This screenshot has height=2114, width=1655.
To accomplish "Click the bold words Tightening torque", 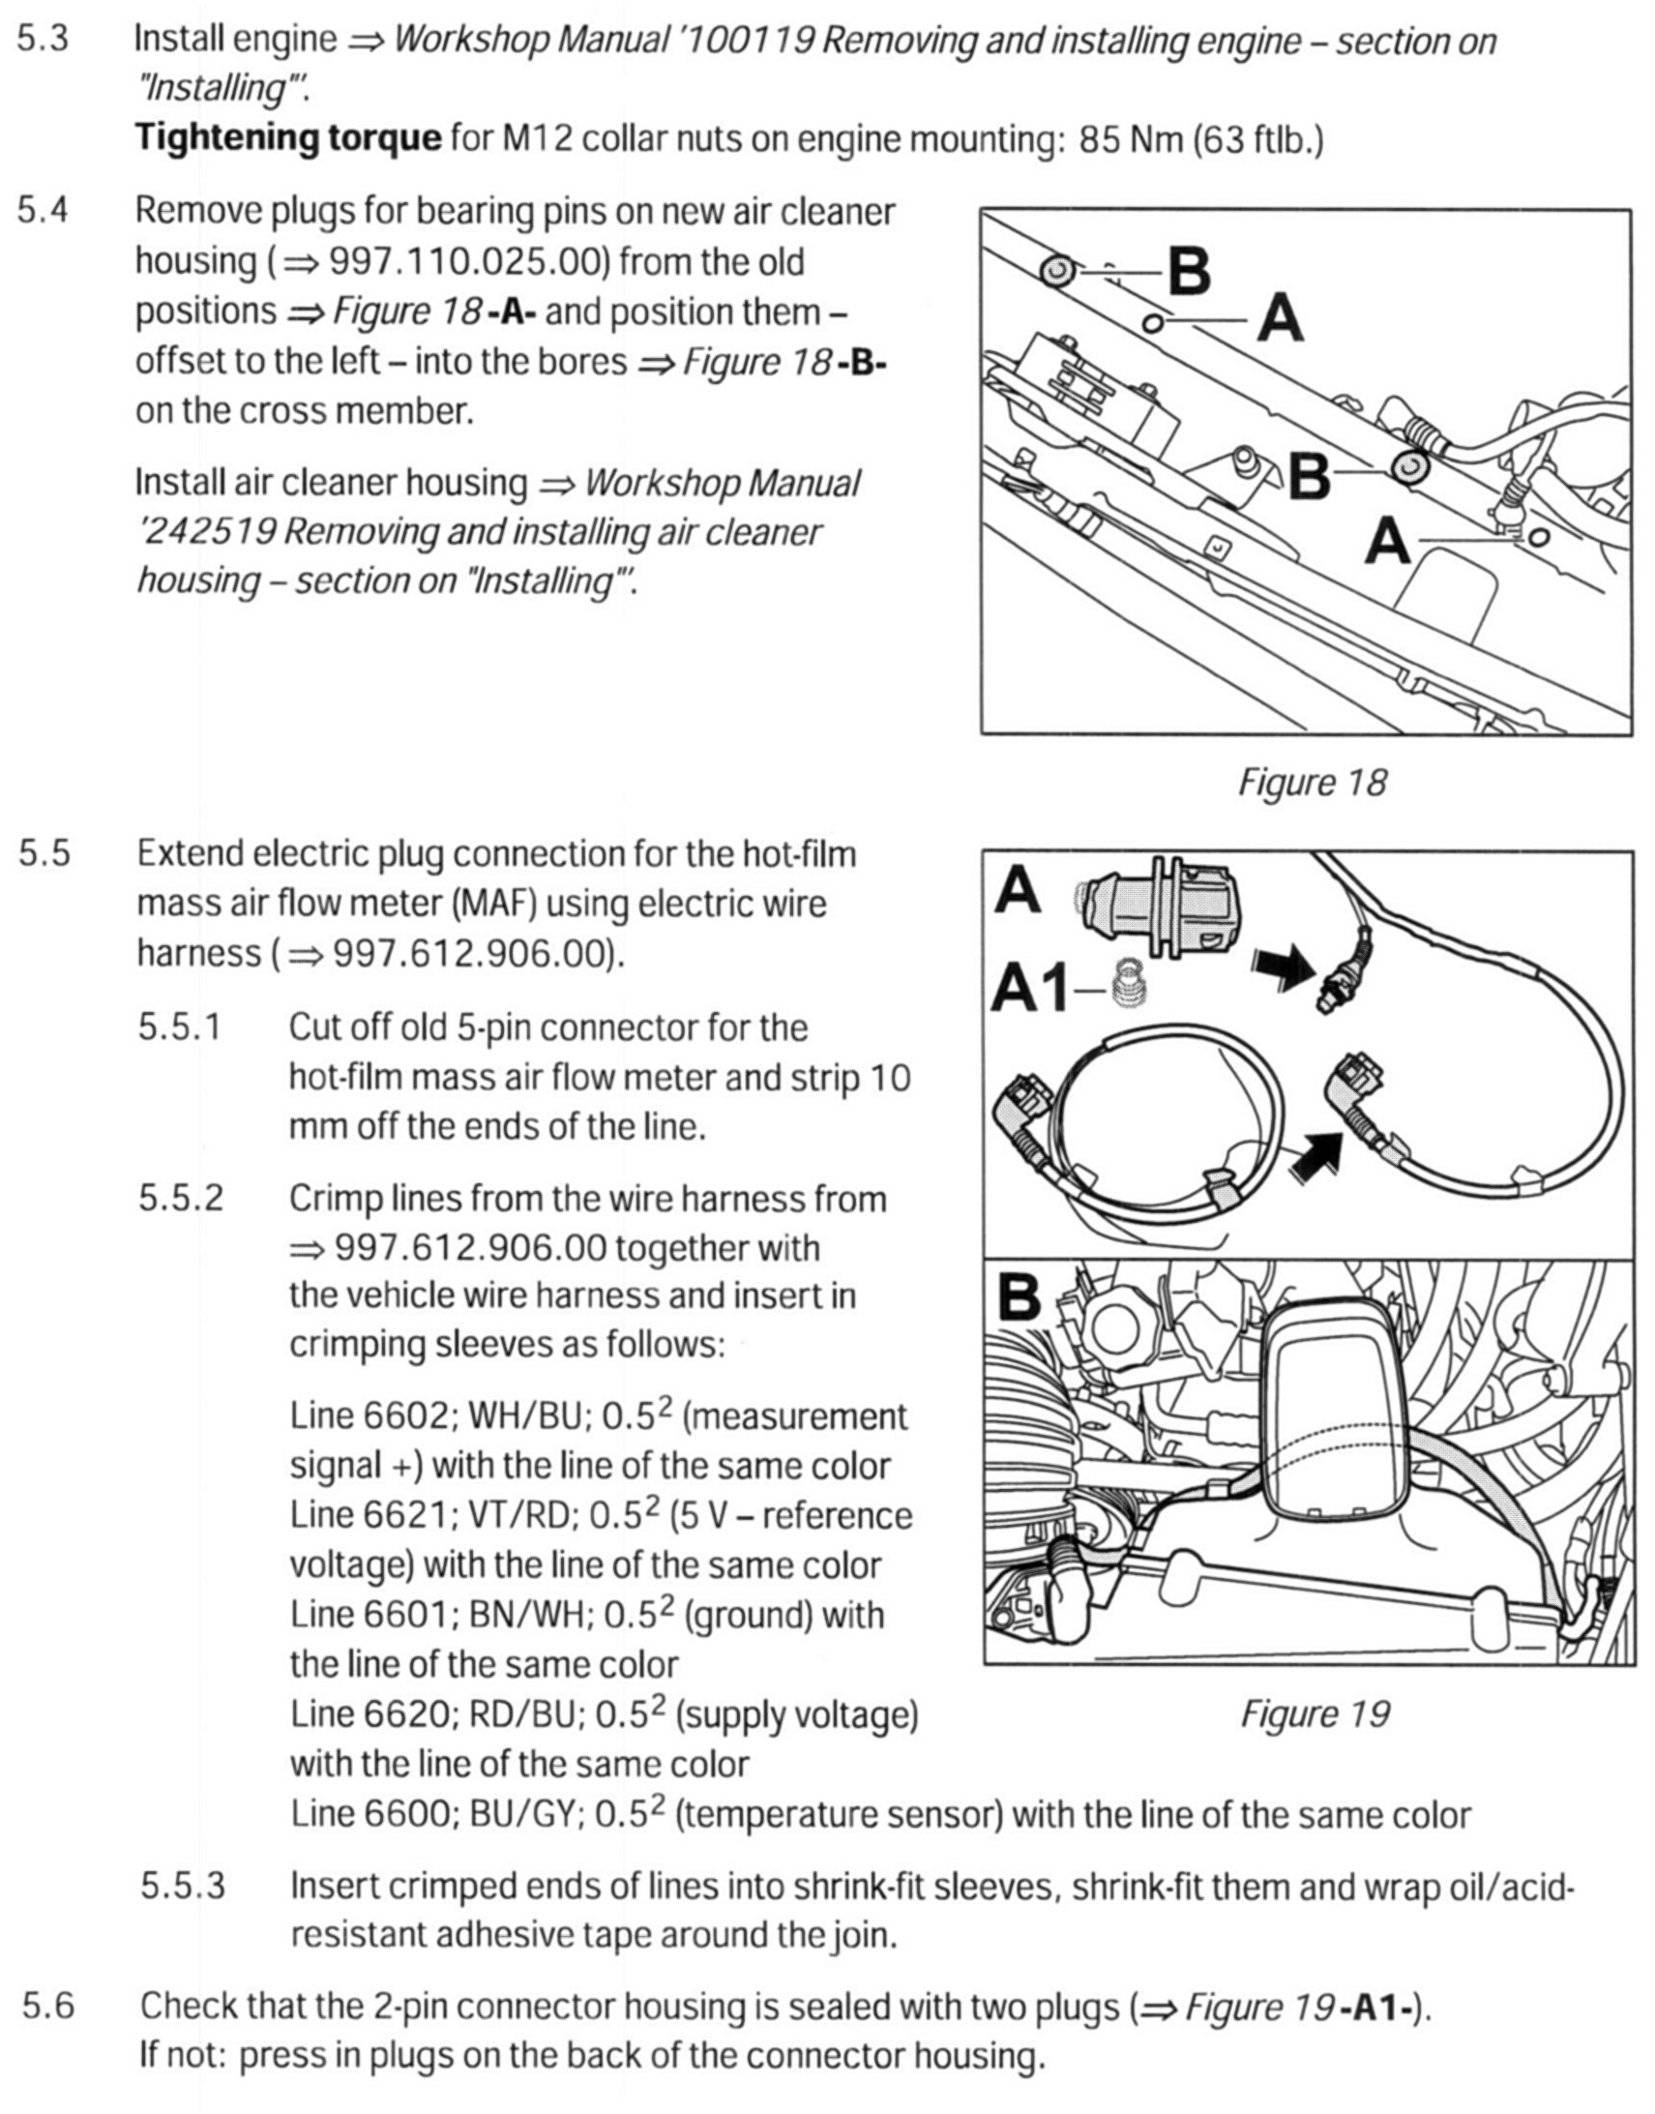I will pos(288,138).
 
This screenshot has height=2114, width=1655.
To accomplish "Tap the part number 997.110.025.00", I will pos(471,261).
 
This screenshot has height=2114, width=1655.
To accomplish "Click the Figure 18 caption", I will pos(1312,782).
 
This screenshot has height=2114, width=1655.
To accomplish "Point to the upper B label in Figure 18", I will pos(1189,272).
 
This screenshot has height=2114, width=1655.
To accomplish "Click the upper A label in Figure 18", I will pos(1279,319).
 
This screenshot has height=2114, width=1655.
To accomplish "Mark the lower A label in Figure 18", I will pos(1387,541).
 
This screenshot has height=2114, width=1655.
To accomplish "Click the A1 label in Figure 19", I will pos(1030,991).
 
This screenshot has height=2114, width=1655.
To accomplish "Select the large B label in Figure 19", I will pos(1018,1295).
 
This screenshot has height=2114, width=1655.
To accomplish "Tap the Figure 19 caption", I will pos(1314,1713).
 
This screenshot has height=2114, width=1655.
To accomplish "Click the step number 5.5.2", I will pos(180,1199).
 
